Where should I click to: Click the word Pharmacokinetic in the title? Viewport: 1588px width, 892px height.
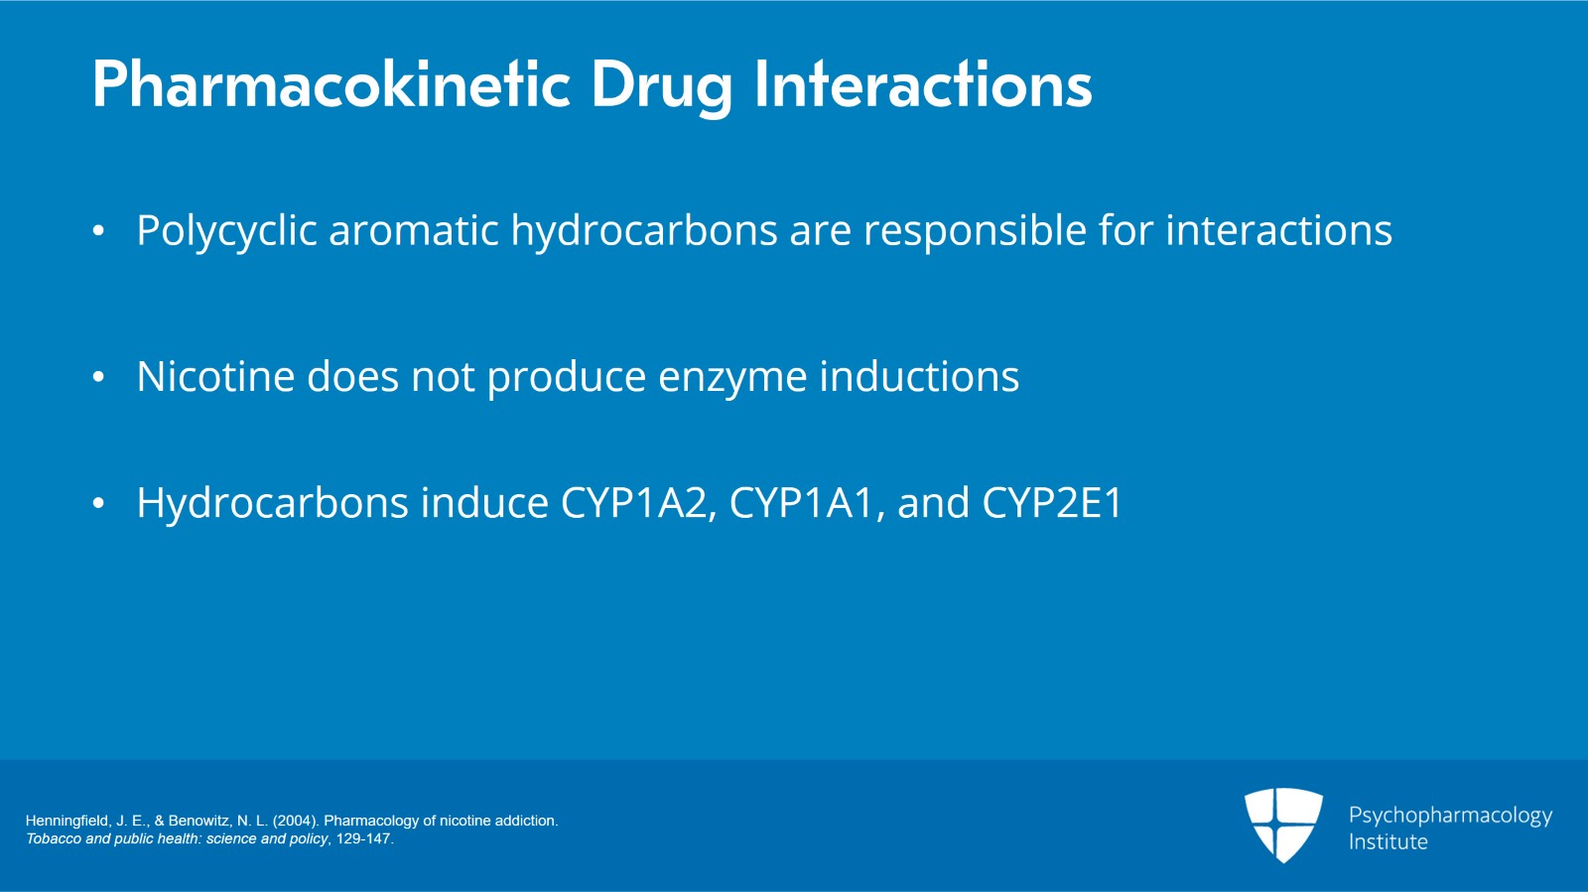tap(331, 84)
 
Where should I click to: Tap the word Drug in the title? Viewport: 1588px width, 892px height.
tap(661, 88)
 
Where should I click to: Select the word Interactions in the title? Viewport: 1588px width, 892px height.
tap(923, 84)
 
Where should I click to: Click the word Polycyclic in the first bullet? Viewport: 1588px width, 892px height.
tap(226, 231)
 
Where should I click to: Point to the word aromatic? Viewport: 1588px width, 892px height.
tap(413, 230)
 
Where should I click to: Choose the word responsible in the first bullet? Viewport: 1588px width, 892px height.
tap(975, 231)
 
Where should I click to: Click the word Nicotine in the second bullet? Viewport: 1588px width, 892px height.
tap(215, 375)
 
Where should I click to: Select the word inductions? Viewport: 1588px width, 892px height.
tap(919, 375)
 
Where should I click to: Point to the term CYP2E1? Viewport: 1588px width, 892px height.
tap(1052, 503)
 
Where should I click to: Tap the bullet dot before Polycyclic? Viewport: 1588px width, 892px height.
tap(98, 230)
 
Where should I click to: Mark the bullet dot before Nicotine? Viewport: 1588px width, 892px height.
tap(98, 376)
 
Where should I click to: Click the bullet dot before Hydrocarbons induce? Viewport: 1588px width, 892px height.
tap(98, 503)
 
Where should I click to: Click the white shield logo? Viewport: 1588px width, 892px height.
tap(1284, 825)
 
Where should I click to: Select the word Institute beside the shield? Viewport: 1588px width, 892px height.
tap(1389, 841)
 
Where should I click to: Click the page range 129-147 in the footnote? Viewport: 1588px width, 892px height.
tap(363, 838)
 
